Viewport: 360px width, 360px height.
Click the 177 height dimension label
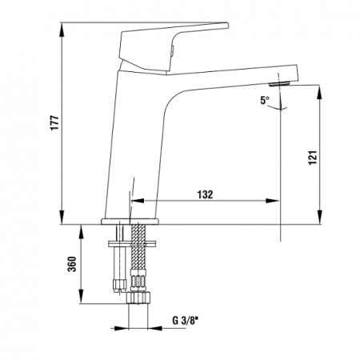click(x=54, y=122)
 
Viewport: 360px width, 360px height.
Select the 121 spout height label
click(x=313, y=158)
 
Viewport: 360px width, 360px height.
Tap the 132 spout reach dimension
click(x=205, y=194)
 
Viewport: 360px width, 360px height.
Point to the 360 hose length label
click(x=72, y=264)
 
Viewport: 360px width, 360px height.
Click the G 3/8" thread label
click(x=186, y=320)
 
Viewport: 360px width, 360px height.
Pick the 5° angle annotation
click(x=265, y=100)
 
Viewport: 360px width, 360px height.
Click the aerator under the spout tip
click(x=279, y=84)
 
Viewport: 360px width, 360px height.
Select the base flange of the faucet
click(x=130, y=222)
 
